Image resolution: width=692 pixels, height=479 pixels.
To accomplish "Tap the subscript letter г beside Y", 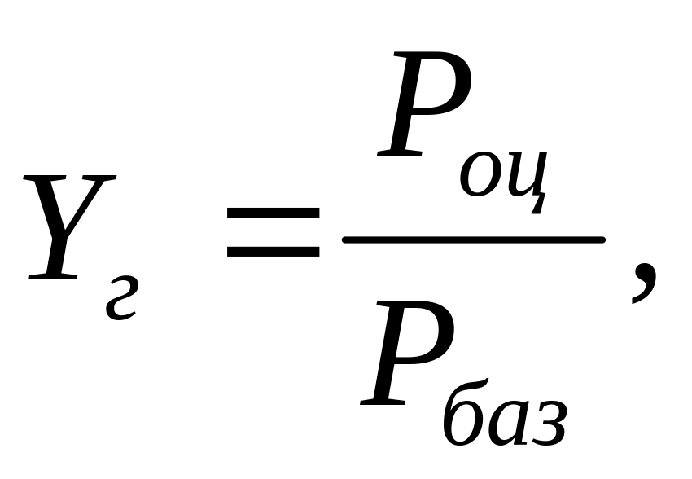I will pos(120,298).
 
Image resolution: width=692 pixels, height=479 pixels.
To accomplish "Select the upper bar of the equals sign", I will pos(273,210).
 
